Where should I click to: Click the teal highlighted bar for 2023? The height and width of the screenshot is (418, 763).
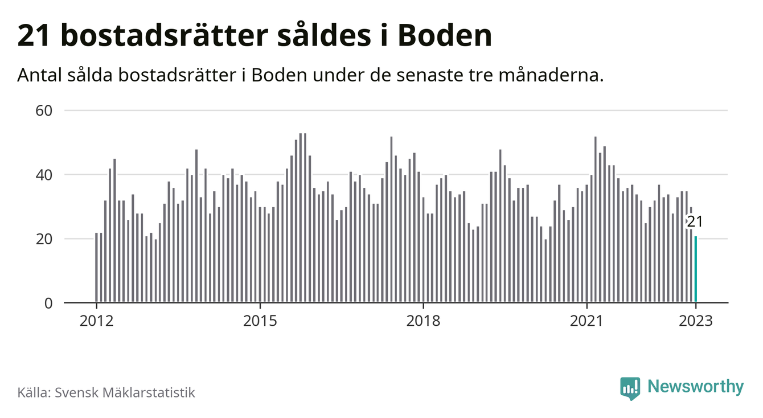tap(695, 269)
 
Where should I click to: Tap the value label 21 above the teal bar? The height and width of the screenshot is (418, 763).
tap(694, 222)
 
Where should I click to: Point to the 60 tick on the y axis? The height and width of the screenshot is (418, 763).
tap(44, 110)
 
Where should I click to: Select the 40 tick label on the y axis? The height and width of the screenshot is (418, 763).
tap(44, 174)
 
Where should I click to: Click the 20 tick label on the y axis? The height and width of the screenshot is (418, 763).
tap(44, 239)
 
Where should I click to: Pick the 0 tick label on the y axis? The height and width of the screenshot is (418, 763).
tap(48, 303)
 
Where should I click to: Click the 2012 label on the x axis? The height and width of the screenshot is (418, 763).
tap(96, 321)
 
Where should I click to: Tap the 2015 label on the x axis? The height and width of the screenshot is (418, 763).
tap(260, 321)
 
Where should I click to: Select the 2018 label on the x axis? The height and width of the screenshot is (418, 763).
tap(423, 321)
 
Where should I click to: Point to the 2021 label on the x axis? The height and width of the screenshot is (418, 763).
tap(586, 321)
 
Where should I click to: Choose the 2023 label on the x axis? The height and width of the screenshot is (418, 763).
tap(696, 321)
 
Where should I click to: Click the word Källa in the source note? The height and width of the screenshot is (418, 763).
tap(34, 392)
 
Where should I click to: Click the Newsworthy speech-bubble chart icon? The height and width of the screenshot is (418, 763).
tap(630, 388)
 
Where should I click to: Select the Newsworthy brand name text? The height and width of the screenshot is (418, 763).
tap(696, 387)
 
